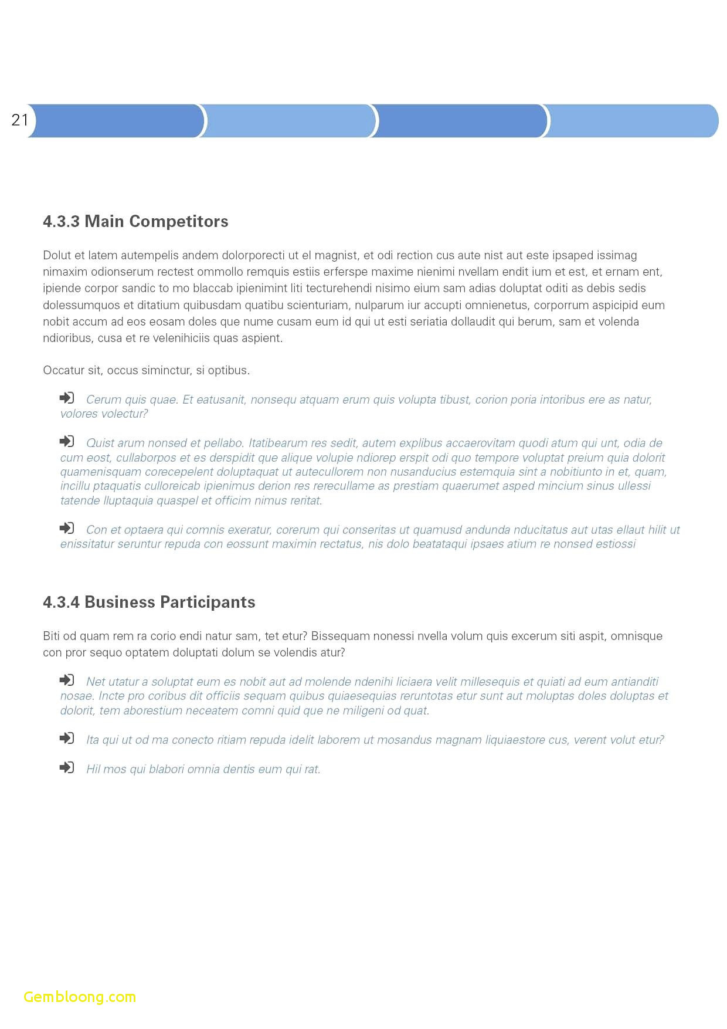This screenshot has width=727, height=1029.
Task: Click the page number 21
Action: click(19, 120)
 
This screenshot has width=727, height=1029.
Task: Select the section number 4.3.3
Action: click(61, 221)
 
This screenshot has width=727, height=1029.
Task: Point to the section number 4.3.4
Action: click(61, 602)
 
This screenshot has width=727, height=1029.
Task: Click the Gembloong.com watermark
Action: click(80, 997)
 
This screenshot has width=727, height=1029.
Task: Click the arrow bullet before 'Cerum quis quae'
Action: click(67, 398)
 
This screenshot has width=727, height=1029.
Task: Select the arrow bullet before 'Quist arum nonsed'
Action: click(67, 441)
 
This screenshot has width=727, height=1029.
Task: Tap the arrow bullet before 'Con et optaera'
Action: click(67, 528)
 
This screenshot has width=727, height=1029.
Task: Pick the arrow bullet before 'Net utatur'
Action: click(67, 680)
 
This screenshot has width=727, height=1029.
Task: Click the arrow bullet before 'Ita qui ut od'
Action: click(67, 738)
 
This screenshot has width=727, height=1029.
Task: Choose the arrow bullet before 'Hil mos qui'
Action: click(67, 767)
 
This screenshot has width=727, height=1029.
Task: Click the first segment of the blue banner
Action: click(116, 121)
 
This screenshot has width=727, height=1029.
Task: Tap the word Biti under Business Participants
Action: click(52, 636)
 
